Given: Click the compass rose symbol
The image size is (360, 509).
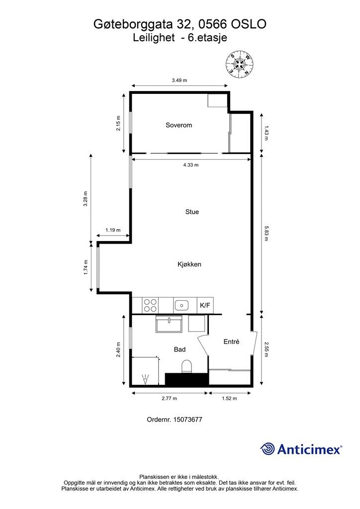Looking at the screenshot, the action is point(240,65).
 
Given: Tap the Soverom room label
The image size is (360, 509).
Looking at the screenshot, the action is point(179,125).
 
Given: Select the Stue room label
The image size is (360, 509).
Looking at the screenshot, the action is point(192,212).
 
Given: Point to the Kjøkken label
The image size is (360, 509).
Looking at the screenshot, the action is point(189,264).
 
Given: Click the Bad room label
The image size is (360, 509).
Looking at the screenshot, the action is point(180,349).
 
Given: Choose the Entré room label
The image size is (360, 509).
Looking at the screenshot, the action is point(231,341).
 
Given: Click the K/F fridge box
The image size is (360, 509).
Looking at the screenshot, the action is point(205,305).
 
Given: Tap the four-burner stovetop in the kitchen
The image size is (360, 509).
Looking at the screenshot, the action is point(150,305).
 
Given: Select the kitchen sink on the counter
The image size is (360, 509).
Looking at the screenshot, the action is point(182,305).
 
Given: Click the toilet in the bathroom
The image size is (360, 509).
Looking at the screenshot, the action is point(186,366).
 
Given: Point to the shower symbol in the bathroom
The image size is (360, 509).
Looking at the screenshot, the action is point(145,379).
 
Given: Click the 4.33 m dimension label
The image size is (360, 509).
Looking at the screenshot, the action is point(191,165).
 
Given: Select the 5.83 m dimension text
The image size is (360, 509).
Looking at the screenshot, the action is point(266,234).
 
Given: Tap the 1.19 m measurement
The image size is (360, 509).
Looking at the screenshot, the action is point(113,230).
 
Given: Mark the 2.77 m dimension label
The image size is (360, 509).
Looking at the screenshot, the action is point(170,398).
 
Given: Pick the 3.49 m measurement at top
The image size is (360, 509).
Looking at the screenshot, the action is point(180,80).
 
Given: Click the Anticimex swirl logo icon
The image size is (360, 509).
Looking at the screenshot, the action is point(268,449).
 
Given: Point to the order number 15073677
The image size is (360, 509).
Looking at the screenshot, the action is point(188,420).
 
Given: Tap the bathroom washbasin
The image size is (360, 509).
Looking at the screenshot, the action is point(169,324).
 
